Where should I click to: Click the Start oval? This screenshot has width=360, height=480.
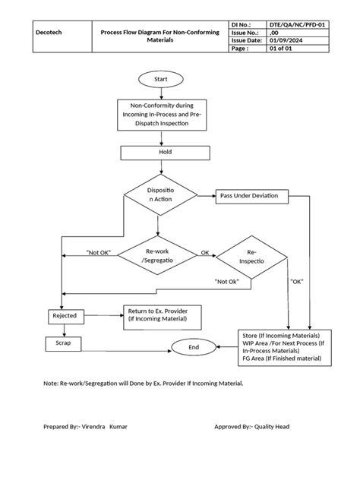pos(159,79)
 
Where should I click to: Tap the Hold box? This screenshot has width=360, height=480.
pos(159,152)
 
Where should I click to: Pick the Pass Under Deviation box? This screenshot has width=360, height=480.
pos(248,196)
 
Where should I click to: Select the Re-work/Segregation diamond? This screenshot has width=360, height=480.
pos(159,255)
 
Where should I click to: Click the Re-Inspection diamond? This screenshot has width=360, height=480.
pos(252,255)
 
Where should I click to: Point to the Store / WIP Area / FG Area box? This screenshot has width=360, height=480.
pos(281,346)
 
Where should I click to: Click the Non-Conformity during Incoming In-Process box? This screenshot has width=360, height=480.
pos(159,114)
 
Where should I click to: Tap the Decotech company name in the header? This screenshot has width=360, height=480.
pos(50,33)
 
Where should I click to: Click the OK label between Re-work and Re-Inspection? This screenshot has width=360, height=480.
pos(204,252)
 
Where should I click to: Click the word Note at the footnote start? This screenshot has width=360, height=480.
pos(51,384)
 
